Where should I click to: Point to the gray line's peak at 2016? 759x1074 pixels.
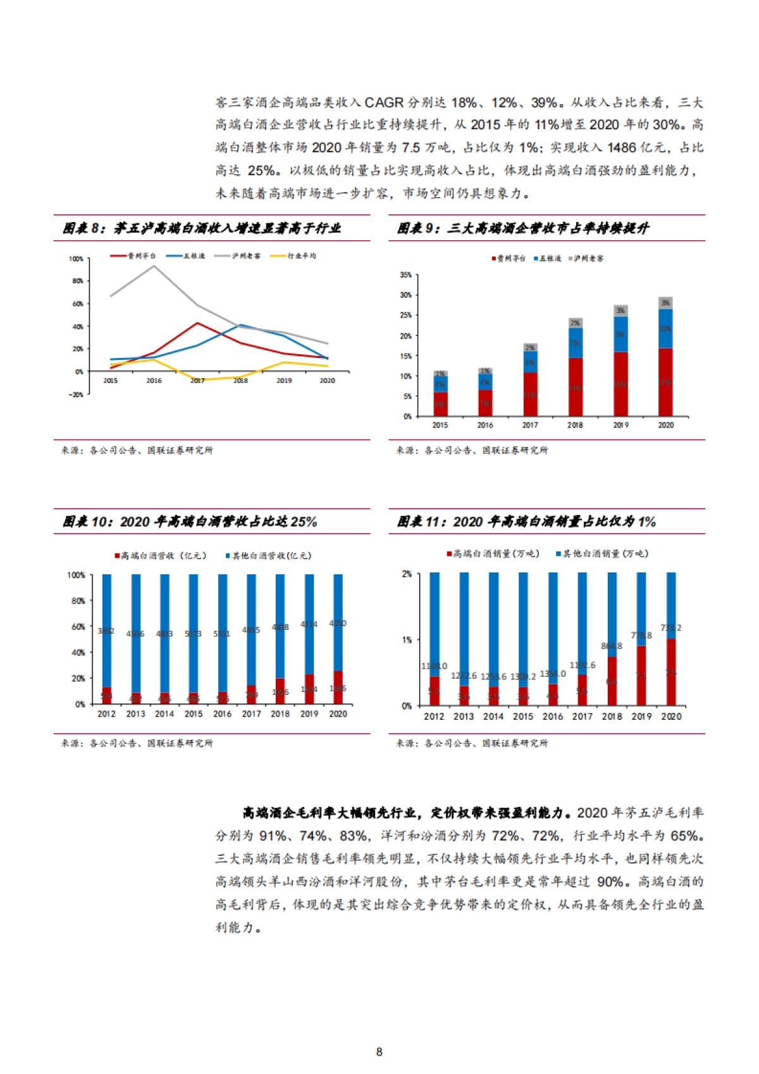point(154,266)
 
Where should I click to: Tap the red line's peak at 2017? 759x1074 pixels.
point(197,323)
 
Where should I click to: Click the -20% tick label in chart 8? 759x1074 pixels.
point(76,395)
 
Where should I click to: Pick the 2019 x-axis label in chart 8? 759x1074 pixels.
point(284,381)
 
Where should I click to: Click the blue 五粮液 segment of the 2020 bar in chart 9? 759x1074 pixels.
point(665,329)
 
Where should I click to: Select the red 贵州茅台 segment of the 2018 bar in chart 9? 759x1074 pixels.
point(575,387)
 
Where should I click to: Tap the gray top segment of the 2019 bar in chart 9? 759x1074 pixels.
point(620,311)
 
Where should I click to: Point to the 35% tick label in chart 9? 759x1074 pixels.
point(405,275)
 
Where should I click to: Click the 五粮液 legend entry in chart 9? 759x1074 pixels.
point(549,259)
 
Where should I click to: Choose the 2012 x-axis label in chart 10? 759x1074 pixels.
point(106,714)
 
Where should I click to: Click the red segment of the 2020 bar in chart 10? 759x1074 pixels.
point(338,688)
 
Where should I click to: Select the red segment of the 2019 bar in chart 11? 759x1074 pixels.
point(641,676)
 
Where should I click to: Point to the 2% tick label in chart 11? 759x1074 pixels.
point(407,574)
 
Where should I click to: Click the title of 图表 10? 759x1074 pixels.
point(190,522)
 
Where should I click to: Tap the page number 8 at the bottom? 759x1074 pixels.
point(379,1052)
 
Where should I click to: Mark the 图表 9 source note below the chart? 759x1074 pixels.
point(472,450)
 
